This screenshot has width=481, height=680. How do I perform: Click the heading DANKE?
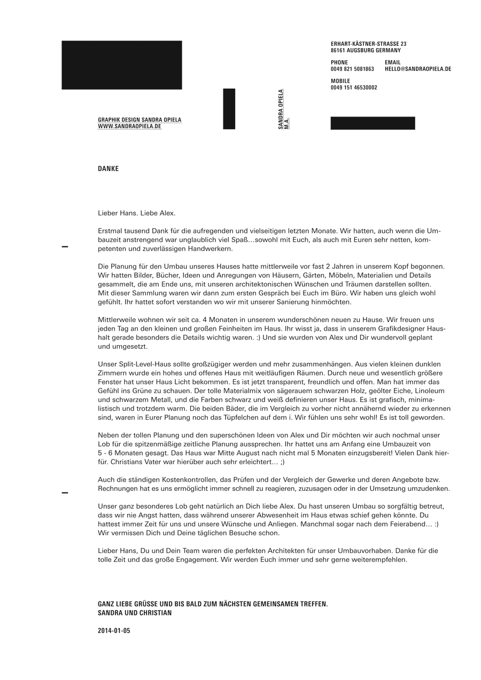(x=108, y=169)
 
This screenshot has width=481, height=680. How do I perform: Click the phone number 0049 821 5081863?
(x=352, y=69)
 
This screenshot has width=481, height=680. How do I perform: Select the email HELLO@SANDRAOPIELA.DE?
(x=417, y=69)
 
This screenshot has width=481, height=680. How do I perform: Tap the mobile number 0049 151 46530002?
(x=353, y=88)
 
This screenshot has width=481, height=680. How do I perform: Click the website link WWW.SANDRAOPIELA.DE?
(x=129, y=127)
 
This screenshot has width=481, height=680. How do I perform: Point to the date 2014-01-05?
(x=114, y=631)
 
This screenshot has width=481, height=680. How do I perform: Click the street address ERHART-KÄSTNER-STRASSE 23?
(x=368, y=44)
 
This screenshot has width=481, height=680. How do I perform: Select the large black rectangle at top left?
(x=121, y=65)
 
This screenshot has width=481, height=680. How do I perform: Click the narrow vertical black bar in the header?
(x=229, y=108)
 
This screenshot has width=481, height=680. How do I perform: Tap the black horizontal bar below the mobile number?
(x=373, y=123)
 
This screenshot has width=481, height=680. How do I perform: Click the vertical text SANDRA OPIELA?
(x=281, y=109)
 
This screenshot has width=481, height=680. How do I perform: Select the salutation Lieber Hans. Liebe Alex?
(x=136, y=213)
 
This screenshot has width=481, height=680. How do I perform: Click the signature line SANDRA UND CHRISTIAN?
(x=135, y=613)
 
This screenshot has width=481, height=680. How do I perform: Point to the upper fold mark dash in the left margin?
(x=65, y=247)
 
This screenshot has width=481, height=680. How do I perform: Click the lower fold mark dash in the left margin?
(x=65, y=493)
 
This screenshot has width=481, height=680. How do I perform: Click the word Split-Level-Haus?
(x=139, y=364)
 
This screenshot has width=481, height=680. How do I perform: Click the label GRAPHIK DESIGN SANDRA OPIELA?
(x=139, y=120)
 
